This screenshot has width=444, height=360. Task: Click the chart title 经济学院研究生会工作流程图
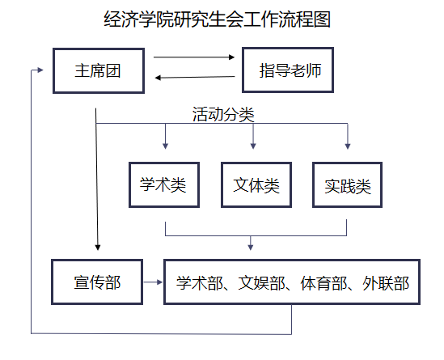click(218, 19)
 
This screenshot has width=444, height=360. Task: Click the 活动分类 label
click(223, 114)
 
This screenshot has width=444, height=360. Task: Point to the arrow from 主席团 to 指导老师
click(194, 57)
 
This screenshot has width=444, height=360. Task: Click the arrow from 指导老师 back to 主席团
click(195, 77)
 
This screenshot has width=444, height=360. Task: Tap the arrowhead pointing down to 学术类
click(166, 146)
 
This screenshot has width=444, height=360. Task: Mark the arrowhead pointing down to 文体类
click(253, 146)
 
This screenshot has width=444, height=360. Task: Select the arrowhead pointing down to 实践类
click(348, 146)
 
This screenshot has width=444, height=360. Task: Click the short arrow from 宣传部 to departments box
click(153, 282)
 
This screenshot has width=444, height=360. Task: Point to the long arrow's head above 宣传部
click(98, 248)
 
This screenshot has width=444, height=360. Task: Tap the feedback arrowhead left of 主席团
click(40, 70)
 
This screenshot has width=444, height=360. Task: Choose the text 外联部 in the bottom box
click(386, 283)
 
